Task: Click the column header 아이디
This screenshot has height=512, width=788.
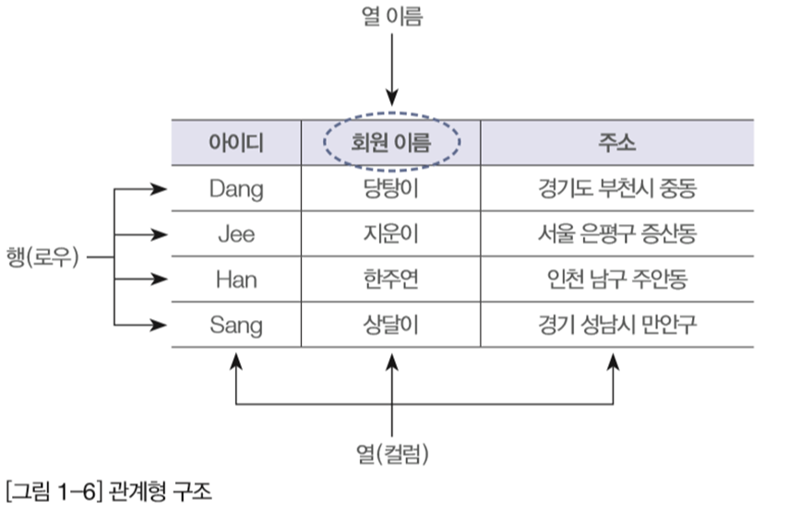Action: click(x=236, y=143)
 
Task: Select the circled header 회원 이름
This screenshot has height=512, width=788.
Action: click(x=391, y=143)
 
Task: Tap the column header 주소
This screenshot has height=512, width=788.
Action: click(x=616, y=143)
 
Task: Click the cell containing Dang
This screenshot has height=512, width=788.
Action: click(x=236, y=189)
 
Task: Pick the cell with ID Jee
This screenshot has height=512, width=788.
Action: click(x=236, y=234)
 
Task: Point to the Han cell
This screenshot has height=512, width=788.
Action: click(x=236, y=280)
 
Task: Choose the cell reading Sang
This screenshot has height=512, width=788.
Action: click(x=236, y=326)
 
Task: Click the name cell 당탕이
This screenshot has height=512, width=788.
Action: click(x=391, y=189)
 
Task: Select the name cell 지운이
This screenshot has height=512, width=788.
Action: click(x=391, y=234)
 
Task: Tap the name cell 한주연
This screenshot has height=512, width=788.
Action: click(x=391, y=280)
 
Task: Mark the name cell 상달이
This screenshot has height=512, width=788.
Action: click(x=391, y=325)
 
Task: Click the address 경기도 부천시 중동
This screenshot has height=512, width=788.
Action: click(x=617, y=189)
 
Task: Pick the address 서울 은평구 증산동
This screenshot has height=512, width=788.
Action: click(x=617, y=234)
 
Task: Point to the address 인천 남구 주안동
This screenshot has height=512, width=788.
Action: click(x=617, y=280)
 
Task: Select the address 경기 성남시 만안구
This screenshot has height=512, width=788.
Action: click(x=617, y=325)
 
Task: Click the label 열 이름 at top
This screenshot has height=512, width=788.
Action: click(x=392, y=16)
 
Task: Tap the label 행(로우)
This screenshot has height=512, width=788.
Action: click(x=42, y=257)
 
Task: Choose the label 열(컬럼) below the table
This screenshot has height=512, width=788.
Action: click(x=392, y=454)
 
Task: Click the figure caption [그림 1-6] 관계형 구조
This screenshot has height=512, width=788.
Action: click(x=109, y=491)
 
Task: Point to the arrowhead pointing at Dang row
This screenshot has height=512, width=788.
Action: click(x=160, y=189)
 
